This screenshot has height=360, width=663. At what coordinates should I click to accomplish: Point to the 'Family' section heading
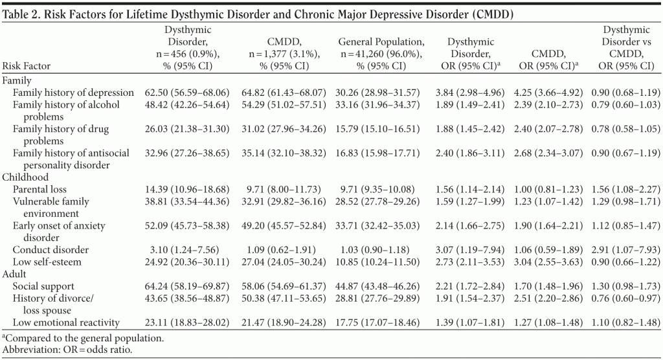coord(17,80)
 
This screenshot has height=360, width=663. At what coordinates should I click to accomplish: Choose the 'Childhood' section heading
coord(24,177)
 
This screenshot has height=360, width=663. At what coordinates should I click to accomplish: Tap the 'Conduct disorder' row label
coord(51,249)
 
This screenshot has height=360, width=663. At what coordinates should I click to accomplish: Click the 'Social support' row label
coord(44,286)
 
